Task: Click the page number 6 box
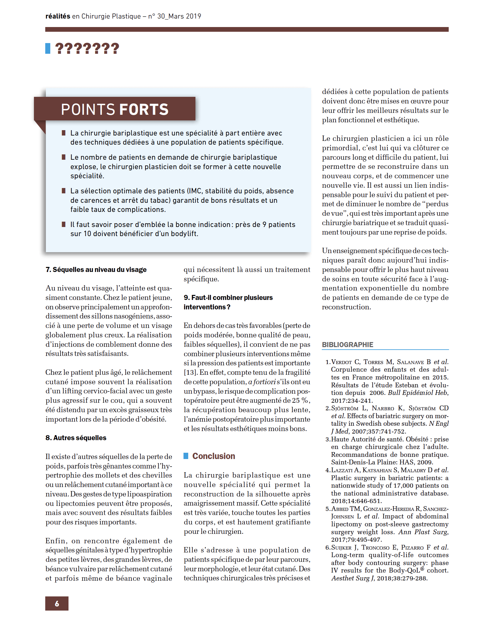pyautogui.click(x=57, y=603)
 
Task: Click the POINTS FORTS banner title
pyautogui.click(x=115, y=109)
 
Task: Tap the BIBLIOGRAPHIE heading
pyautogui.click(x=348, y=345)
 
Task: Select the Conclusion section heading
pyautogui.click(x=214, y=456)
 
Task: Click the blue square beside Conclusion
pyautogui.click(x=186, y=456)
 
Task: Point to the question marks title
pyautogui.click(x=87, y=49)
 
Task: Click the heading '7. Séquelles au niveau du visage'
pyautogui.click(x=96, y=269)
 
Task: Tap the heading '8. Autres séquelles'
pyautogui.click(x=76, y=438)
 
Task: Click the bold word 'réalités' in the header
pyautogui.click(x=58, y=16)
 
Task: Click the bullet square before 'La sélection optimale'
pyautogui.click(x=64, y=191)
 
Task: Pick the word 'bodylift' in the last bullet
pyautogui.click(x=184, y=234)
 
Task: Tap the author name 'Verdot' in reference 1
pyautogui.click(x=342, y=362)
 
